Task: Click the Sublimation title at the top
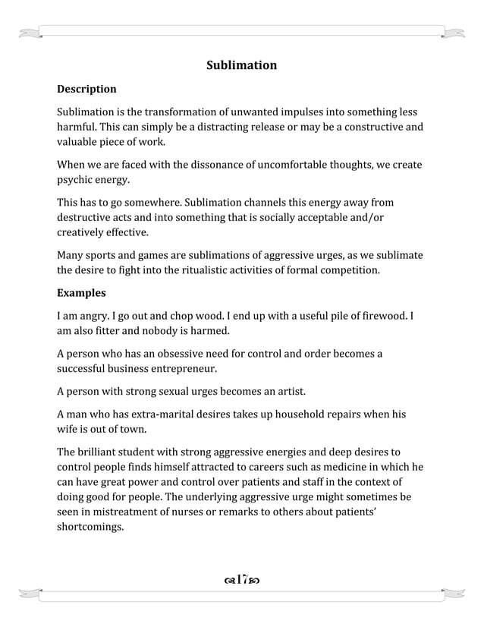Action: tap(241, 65)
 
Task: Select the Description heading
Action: tap(86, 90)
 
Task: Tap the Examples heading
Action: tap(81, 293)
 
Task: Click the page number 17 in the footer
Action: tap(241, 581)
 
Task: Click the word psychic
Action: tap(75, 180)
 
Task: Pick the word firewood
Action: tap(384, 316)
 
